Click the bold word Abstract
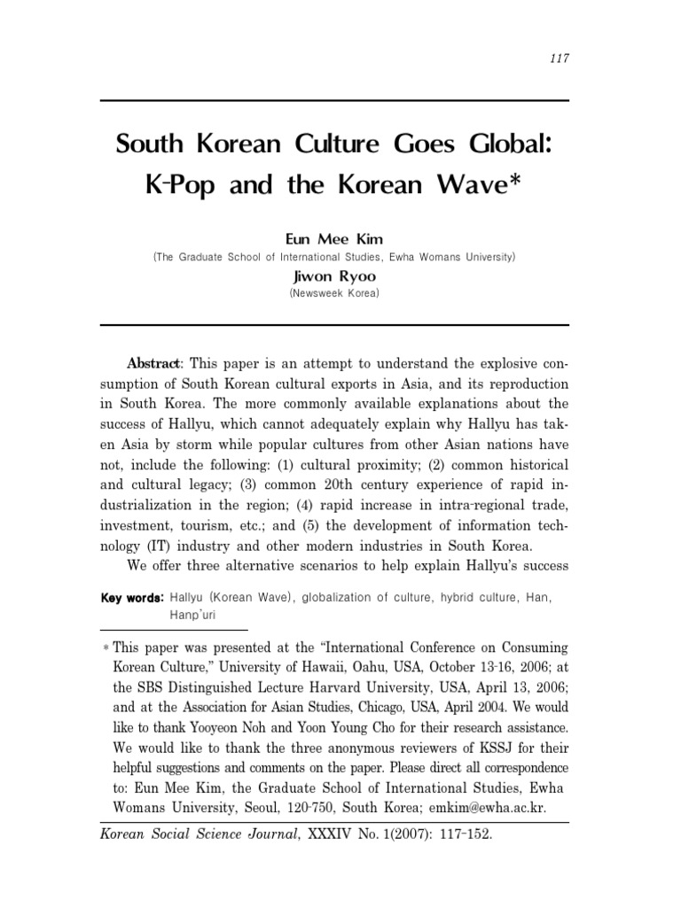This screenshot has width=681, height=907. point(154,364)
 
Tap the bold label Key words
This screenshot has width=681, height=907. point(132,598)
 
